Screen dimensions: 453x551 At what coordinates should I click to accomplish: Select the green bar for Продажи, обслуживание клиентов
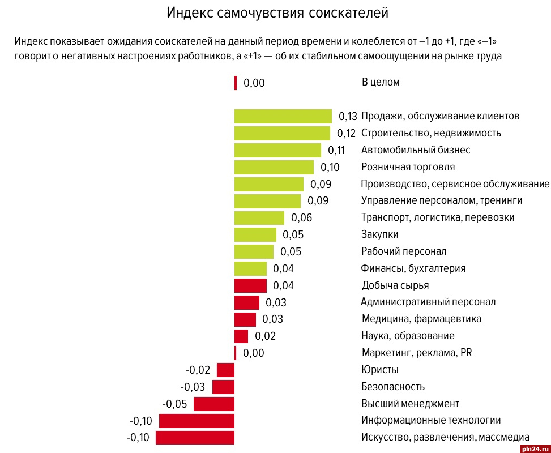coord(283,116)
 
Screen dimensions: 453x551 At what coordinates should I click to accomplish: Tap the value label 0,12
coord(346,133)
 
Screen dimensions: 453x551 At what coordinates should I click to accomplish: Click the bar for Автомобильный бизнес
coord(277,150)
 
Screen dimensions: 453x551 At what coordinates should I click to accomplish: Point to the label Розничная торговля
coord(408,167)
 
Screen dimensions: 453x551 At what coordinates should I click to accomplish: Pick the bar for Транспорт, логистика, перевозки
coord(259,217)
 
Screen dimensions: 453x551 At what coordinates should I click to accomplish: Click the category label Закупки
coord(379,234)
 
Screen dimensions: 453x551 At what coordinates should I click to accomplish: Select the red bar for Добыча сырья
coord(250,285)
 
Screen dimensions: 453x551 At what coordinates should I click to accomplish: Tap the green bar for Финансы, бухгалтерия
coord(250,268)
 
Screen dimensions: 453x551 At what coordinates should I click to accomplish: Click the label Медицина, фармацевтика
coord(421,319)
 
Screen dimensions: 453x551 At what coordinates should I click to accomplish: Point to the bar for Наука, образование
coord(241,336)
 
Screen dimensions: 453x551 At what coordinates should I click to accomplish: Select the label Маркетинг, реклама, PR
coord(416,353)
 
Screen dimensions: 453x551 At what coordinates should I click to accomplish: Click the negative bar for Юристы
coord(225,370)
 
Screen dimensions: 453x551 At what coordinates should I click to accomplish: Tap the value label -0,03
coord(194,387)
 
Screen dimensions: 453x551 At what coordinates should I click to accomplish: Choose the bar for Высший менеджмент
coord(214,404)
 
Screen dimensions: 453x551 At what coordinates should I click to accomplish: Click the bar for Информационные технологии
coord(197,421)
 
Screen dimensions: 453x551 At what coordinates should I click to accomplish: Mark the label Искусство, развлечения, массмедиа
coord(445,437)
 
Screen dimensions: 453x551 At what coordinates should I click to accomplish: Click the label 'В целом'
coord(381,82)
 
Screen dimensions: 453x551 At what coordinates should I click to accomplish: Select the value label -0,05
coord(175,404)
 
